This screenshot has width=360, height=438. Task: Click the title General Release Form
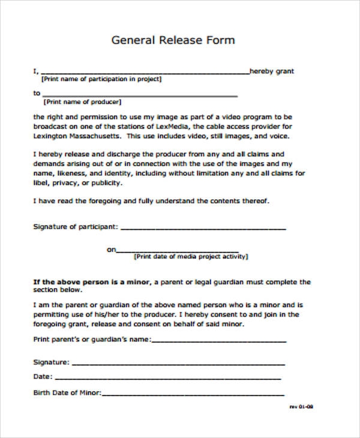click(x=173, y=40)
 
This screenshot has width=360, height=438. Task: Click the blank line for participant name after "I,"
click(x=144, y=73)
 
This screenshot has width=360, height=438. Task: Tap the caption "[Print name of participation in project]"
click(x=101, y=79)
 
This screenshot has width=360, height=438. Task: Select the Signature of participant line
click(x=203, y=229)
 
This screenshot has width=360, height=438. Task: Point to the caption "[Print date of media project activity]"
click(x=191, y=256)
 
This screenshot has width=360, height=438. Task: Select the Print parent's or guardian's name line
click(x=219, y=341)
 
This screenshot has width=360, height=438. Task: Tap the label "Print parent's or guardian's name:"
click(x=92, y=339)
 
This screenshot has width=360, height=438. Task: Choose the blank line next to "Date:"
click(x=168, y=379)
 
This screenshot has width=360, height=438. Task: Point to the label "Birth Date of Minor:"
click(x=67, y=393)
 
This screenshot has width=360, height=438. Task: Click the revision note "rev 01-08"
click(x=301, y=406)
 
